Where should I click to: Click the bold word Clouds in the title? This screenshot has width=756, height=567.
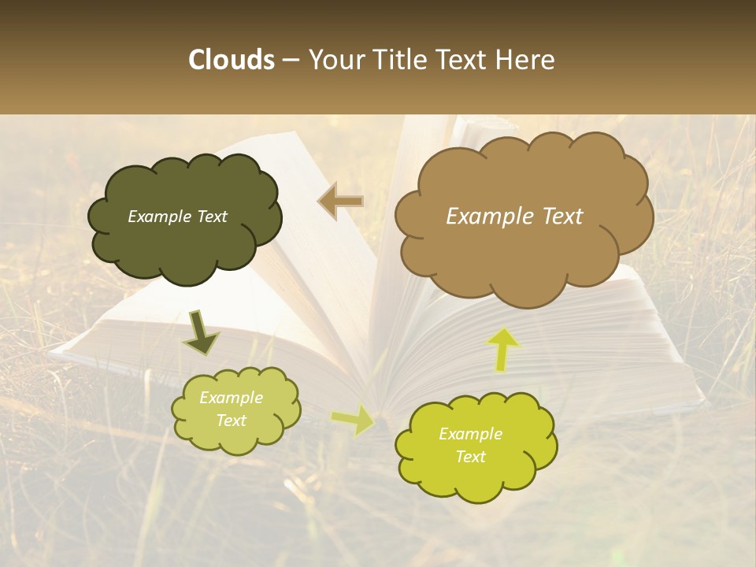point(232,60)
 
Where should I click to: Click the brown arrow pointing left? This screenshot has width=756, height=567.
point(341,202)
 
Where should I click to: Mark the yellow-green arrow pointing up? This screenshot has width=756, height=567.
point(504,348)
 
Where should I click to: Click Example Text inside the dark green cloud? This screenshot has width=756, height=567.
point(177,217)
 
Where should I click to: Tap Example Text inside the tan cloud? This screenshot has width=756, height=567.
point(514,217)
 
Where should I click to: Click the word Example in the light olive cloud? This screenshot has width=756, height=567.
point(231,398)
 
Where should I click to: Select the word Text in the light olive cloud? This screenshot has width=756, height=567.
point(231,421)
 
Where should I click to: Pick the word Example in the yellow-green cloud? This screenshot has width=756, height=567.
point(470,434)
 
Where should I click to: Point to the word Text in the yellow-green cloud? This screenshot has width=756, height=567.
point(470,457)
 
